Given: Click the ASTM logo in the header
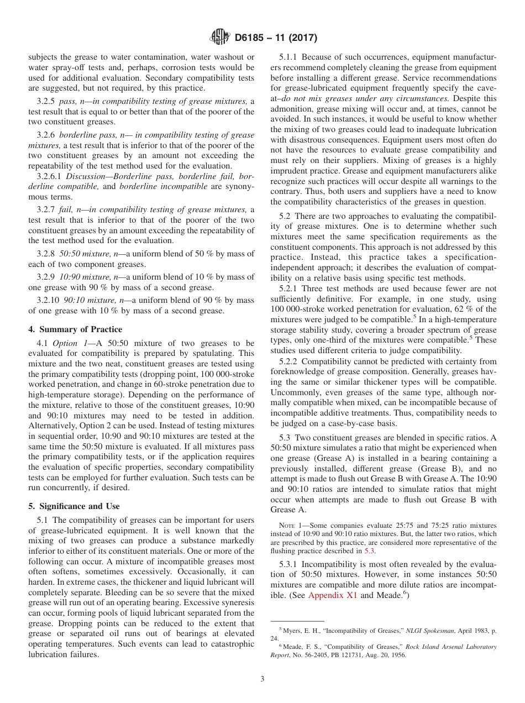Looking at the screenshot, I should pos(221,38).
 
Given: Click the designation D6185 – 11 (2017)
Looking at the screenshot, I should pos(275,38).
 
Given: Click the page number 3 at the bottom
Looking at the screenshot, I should pos(262,679).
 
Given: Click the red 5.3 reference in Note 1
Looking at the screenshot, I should pos(369,551).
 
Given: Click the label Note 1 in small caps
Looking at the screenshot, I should pos(290,525).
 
